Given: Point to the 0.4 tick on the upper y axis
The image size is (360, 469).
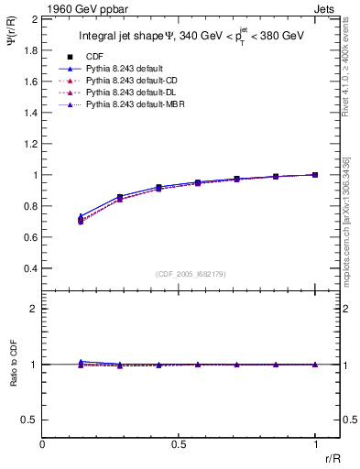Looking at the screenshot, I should pyautogui.click(x=30, y=268).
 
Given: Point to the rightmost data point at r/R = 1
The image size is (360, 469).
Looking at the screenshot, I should pyautogui.click(x=315, y=174).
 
